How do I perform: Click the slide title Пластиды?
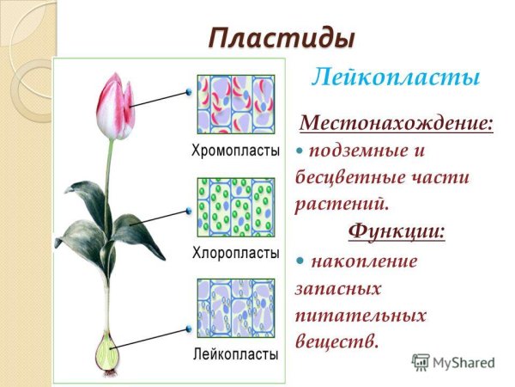point(282,38)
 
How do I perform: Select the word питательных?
point(360,315)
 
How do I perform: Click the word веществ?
point(336,341)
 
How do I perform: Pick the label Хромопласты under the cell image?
point(235,151)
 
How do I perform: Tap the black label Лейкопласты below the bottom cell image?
point(235,353)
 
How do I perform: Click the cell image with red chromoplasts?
point(236,104)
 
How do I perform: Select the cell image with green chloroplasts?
point(236,207)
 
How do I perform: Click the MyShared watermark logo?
point(453,362)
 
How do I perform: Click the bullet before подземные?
point(300,150)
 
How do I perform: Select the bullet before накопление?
point(300,260)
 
